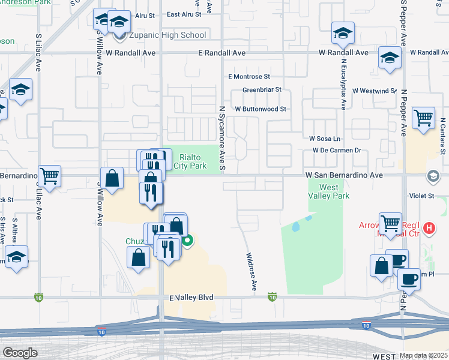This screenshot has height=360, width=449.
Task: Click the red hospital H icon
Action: coord(429,228)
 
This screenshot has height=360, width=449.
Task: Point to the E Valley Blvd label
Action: coord(191,298)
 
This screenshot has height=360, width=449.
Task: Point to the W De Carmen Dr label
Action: coord(336,150)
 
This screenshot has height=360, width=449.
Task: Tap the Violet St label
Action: coord(421,196)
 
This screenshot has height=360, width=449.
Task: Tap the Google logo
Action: coord(20,353)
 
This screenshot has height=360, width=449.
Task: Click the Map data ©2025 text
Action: coord(424,355)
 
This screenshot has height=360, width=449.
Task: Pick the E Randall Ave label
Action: coord(222,53)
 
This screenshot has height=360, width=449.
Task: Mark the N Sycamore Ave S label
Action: coord(221,137)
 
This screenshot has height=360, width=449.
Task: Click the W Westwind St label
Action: coord(375,91)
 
